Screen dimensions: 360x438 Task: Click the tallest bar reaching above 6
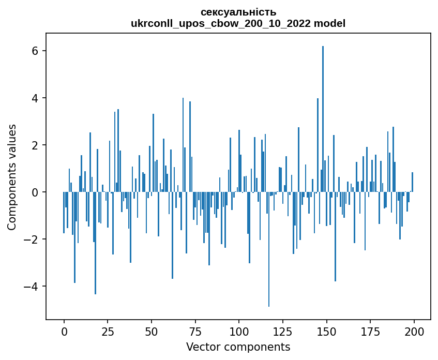323,119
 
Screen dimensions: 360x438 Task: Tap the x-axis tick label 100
239,332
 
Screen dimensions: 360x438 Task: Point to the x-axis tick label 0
64,332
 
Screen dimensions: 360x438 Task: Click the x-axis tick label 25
108,332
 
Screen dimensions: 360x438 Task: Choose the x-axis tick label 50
152,332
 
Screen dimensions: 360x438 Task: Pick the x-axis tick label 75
195,332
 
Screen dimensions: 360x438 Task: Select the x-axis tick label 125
283,332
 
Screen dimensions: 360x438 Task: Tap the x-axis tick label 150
326,332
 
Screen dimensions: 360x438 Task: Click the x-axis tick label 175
370,332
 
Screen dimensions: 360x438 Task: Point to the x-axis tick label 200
414,332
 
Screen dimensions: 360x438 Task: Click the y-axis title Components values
12,177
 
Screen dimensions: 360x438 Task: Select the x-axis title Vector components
238,347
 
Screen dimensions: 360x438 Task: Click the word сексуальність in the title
238,12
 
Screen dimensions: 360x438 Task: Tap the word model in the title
331,23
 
